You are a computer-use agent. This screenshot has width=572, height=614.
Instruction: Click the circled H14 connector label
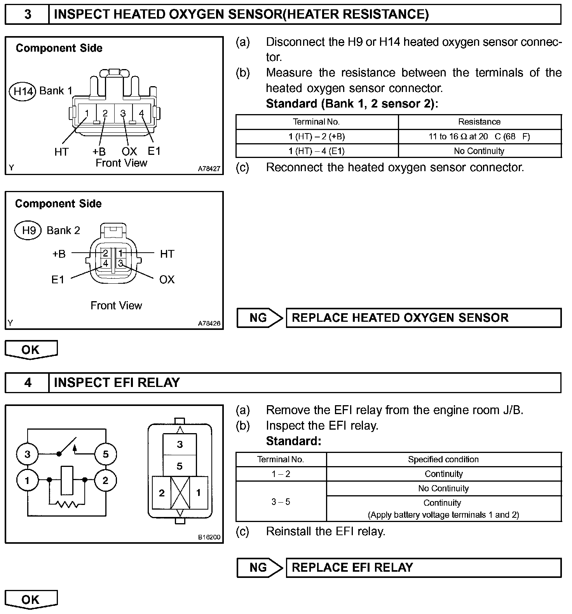tap(23, 92)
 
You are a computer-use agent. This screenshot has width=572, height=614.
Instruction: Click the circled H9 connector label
tap(29, 231)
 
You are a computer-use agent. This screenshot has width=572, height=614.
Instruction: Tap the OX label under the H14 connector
tap(129, 151)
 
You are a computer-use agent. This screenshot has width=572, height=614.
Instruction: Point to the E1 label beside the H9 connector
tap(58, 279)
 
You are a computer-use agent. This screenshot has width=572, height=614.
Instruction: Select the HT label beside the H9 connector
tap(167, 254)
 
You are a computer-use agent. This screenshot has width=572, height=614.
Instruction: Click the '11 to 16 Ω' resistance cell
tap(480, 137)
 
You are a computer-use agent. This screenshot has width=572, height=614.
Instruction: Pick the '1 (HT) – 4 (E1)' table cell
tap(317, 151)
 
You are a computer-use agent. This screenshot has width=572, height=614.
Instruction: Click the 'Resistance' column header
tap(479, 122)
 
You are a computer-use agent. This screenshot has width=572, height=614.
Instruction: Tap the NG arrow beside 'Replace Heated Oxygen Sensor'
tap(260, 318)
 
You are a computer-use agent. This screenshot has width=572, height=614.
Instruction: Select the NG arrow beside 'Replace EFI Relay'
tap(260, 568)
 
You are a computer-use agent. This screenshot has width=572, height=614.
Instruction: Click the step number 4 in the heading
tap(28, 383)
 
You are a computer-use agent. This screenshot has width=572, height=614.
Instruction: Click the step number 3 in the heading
tap(28, 15)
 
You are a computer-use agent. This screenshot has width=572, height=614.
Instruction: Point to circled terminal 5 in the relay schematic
tap(106, 454)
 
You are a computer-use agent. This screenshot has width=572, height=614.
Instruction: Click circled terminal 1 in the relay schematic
tap(27, 480)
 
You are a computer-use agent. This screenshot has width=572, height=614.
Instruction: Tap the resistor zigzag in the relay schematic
tap(67, 504)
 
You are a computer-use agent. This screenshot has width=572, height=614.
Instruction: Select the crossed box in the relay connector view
tap(180, 493)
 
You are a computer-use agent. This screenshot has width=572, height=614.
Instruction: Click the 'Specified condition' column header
tap(443, 460)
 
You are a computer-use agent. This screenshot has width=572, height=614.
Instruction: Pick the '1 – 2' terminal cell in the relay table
tap(281, 474)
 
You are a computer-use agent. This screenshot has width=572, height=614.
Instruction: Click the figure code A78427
tap(209, 169)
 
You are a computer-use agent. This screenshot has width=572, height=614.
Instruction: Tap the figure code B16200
tap(209, 537)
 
